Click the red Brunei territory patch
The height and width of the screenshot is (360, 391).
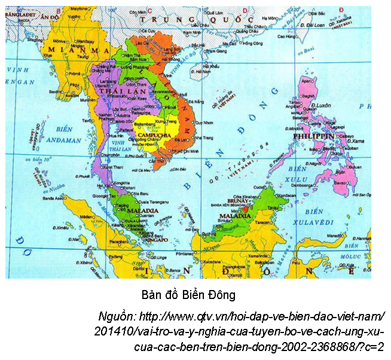pos(250,209)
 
